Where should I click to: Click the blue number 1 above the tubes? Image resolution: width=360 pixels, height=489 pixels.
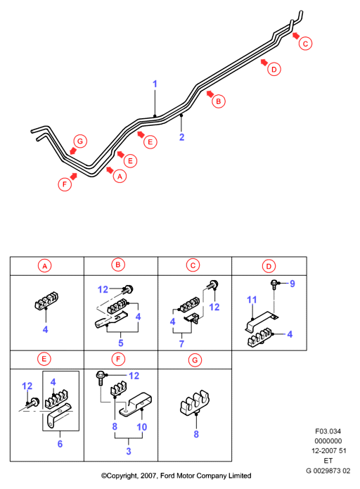155,84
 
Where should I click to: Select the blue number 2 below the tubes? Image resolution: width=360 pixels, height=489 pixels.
181,137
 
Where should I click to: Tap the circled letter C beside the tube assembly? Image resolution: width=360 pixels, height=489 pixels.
305,44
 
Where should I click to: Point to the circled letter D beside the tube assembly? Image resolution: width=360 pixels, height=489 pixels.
274,69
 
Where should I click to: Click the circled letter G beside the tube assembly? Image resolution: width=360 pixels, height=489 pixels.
80,141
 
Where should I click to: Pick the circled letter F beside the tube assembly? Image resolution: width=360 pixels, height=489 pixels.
65,184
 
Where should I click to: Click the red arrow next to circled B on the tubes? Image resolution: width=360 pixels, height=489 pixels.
210,94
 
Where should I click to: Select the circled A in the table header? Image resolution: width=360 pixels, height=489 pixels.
44,266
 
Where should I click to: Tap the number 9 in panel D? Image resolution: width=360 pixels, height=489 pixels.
292,284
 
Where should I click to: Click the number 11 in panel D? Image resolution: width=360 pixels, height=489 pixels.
252,300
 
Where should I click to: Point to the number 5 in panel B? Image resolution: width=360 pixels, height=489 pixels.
121,343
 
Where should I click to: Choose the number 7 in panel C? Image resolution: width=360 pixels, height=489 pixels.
181,343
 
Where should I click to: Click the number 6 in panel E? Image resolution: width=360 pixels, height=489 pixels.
60,444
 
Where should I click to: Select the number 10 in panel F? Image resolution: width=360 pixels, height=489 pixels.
141,427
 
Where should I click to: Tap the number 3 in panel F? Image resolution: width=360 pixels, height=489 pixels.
129,451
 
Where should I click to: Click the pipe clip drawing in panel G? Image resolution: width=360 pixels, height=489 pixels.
195,403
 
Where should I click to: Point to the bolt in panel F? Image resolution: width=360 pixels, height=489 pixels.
100,378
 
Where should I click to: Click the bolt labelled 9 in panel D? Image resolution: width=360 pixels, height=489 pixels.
274,284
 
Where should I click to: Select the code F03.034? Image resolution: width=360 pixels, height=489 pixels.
328,431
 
